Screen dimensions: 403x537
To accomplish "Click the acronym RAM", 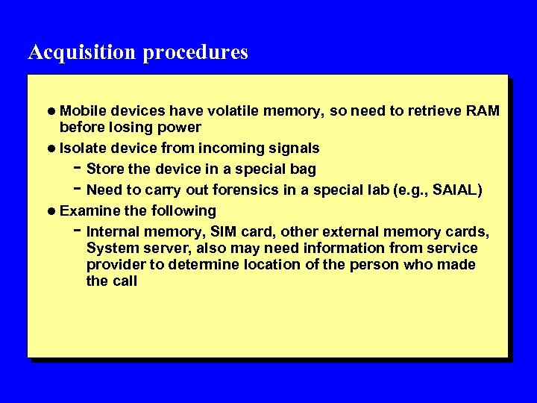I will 483,111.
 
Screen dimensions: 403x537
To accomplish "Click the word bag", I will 303,169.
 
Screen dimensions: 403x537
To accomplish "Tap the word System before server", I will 110,248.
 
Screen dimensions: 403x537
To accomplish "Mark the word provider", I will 113,265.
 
